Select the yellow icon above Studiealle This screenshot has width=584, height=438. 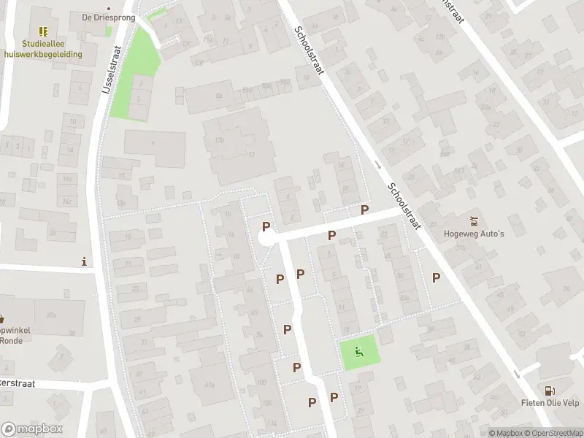pos(43,31)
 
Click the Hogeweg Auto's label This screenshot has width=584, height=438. pos(474,234)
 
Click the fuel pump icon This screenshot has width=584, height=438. pos(550,391)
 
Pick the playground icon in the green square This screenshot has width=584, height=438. pos(359,351)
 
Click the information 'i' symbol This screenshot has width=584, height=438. pos(85,261)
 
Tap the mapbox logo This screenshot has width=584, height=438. pos(32,429)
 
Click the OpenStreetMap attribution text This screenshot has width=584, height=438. pos(552,433)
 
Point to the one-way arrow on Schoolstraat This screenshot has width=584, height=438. pos(377,165)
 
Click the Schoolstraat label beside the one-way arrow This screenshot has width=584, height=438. pos(406,207)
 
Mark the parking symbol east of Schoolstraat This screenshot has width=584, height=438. pos(437,277)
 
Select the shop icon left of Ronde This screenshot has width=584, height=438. pos(1,318)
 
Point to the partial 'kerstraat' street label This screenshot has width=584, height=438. pos(22,383)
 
